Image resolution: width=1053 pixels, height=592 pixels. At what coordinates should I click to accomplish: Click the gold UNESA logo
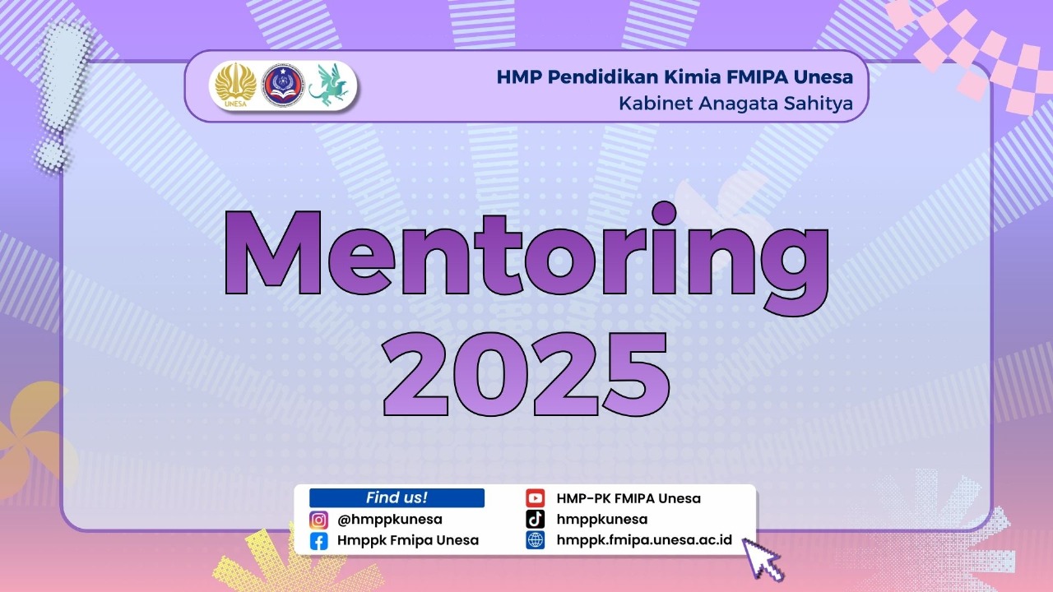pos(235,85)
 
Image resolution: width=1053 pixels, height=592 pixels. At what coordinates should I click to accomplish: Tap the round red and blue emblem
pos(283,85)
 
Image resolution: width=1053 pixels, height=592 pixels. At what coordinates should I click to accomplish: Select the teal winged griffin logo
pos(329,84)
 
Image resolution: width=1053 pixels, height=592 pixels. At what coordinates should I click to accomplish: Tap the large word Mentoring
pos(526,258)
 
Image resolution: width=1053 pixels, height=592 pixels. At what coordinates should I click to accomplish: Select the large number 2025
pos(526,373)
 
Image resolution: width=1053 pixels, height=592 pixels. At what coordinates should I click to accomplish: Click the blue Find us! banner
pos(397,497)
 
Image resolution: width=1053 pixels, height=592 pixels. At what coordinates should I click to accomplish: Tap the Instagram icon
pos(318,520)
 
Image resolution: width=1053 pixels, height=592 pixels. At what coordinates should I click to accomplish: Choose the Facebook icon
pos(318,541)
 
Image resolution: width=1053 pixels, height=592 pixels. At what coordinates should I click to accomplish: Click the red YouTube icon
pos(536,498)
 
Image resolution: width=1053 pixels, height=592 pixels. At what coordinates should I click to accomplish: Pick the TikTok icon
pos(536,519)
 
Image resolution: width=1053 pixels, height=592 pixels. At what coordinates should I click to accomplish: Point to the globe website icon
pos(536,540)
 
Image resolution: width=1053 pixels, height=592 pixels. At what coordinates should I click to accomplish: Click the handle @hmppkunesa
pos(390,520)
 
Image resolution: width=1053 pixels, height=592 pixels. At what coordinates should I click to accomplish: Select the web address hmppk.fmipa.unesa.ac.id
pos(644,540)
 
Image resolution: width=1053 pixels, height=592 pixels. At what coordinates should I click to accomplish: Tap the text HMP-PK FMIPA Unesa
pos(629,498)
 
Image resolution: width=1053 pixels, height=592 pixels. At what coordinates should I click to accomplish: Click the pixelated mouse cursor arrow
pos(762,559)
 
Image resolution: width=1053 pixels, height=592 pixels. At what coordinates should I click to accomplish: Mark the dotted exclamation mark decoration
pos(63,96)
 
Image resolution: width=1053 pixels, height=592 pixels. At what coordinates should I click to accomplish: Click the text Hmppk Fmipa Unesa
pos(408,541)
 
